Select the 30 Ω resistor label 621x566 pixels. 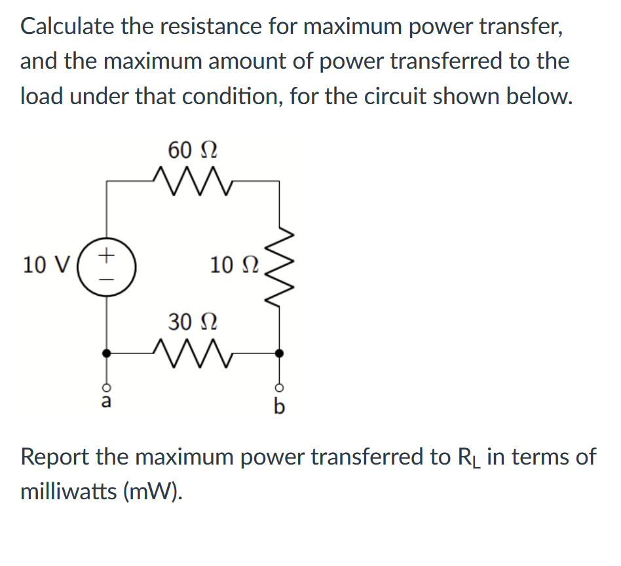click(193, 322)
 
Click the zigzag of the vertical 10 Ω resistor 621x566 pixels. click(280, 266)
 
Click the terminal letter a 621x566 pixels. click(104, 401)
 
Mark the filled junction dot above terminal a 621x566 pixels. click(104, 353)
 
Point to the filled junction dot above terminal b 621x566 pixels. click(280, 353)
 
